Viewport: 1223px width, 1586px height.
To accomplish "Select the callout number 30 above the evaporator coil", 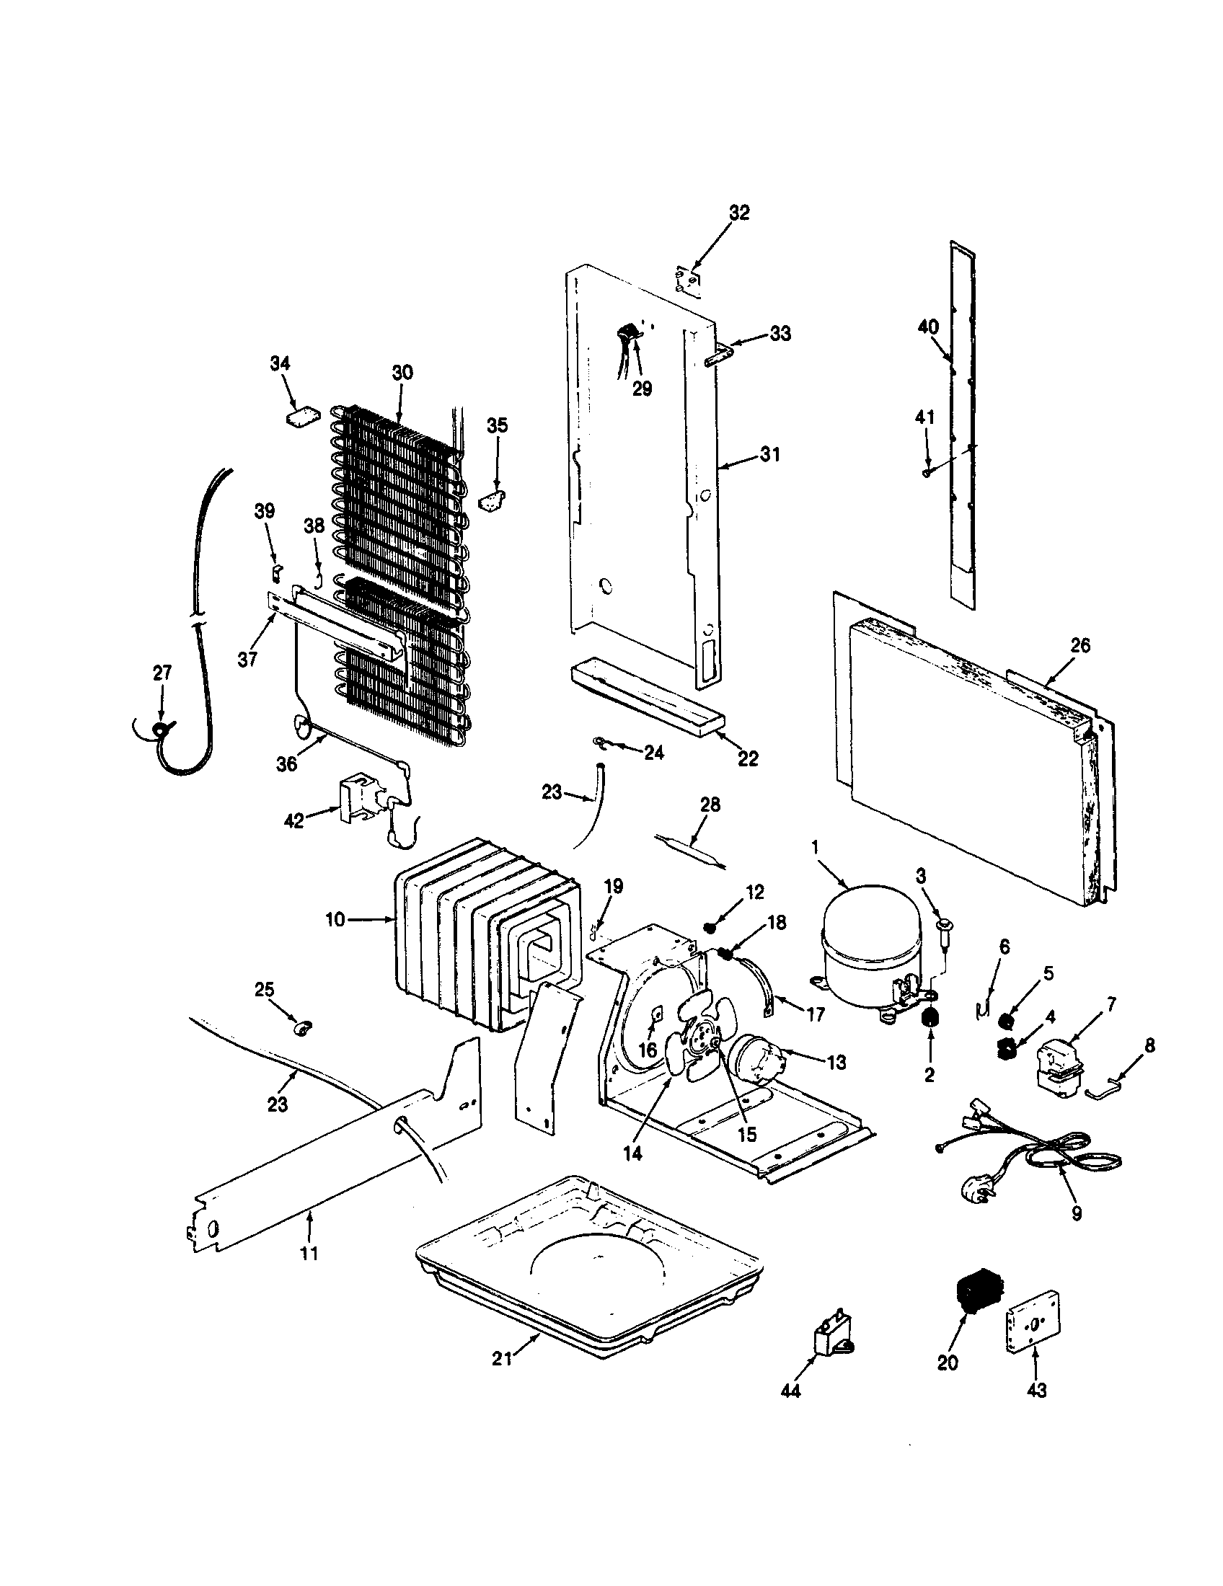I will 402,373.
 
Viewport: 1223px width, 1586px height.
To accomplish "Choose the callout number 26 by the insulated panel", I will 1080,645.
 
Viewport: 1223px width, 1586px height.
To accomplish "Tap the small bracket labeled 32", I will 687,280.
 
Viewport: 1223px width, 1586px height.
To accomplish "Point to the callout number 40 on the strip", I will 928,327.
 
